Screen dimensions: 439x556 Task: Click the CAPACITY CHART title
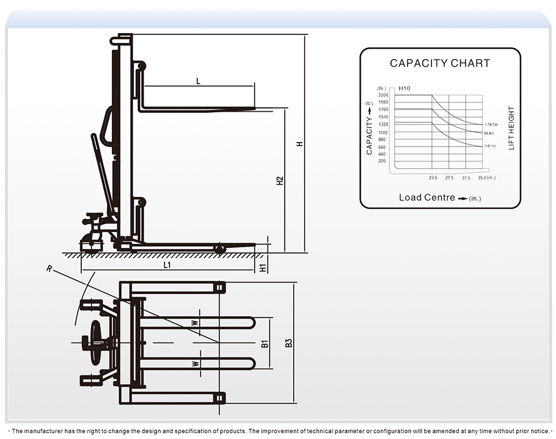(440, 63)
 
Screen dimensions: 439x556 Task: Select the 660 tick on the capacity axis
(382, 147)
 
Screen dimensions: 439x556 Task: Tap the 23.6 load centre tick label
(433, 178)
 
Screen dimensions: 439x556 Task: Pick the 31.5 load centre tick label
(466, 178)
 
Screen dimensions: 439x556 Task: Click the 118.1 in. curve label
(490, 146)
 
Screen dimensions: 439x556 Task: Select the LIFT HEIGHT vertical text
(511, 128)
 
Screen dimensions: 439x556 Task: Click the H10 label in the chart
(404, 88)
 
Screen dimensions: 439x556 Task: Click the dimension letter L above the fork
(198, 82)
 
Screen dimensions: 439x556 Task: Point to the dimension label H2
(280, 181)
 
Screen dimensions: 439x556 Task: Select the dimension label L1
(167, 265)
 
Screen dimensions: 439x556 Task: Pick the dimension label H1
(263, 268)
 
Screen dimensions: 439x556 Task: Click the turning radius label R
(50, 269)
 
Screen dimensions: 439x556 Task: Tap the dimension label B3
(289, 343)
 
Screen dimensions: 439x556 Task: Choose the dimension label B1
(265, 343)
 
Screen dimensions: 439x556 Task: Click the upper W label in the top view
(195, 323)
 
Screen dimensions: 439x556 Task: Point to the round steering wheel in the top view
(96, 343)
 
